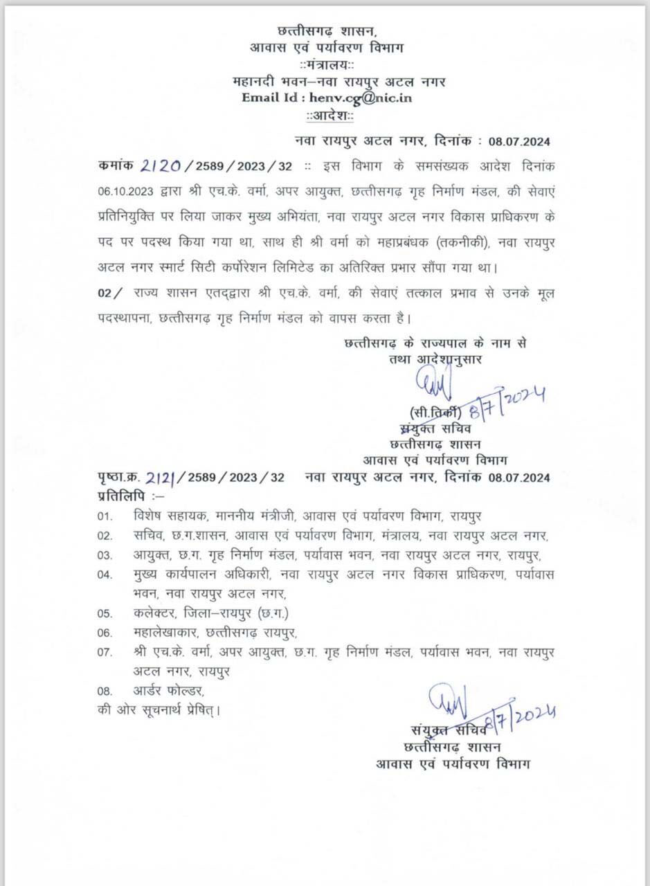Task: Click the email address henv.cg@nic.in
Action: pyautogui.click(x=361, y=98)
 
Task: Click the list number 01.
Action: pyautogui.click(x=105, y=516)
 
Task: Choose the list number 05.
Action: pyautogui.click(x=105, y=613)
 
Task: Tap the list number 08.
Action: pyautogui.click(x=105, y=691)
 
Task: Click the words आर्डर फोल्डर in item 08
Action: pyautogui.click(x=169, y=691)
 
